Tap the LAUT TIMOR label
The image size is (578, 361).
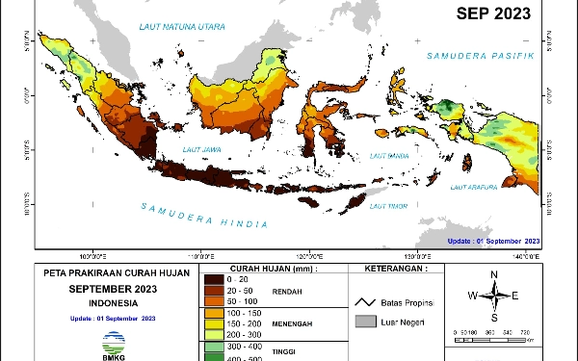387,204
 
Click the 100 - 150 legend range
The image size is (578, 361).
245,314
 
